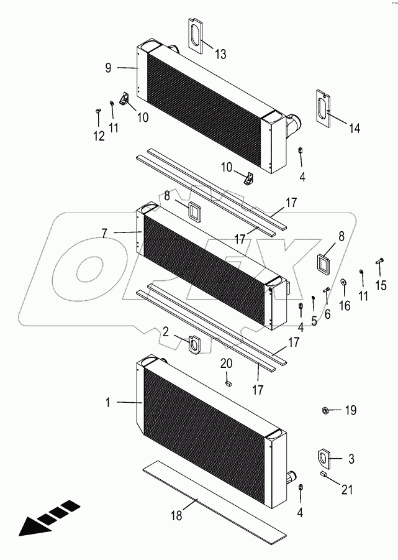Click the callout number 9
pos(108,68)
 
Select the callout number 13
pos(220,55)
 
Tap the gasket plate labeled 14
pos(322,108)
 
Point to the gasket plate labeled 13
pos(196,37)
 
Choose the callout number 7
pos(104,232)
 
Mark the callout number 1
pos(107,403)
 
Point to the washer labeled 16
pos(343,286)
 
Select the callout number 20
pos(227,364)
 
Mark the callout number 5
pos(314,321)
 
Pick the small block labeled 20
pos(228,382)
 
